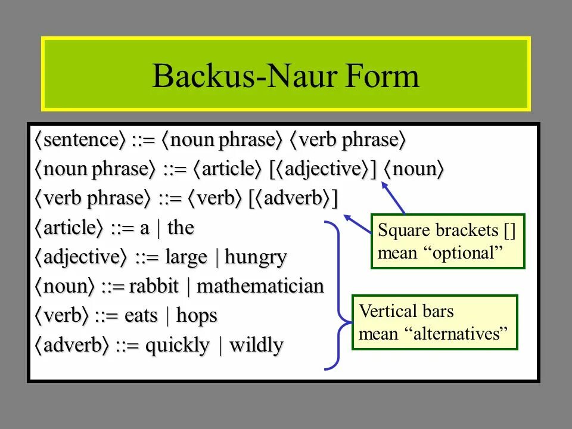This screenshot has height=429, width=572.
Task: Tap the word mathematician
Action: click(x=260, y=287)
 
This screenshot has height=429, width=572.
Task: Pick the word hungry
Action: click(x=256, y=258)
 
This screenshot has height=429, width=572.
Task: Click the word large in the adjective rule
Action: click(x=186, y=257)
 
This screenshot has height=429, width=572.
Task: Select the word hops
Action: click(x=197, y=316)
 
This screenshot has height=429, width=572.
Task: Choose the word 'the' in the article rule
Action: click(x=181, y=228)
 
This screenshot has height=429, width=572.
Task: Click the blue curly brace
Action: click(x=339, y=295)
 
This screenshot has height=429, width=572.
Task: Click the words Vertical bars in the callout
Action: click(x=406, y=311)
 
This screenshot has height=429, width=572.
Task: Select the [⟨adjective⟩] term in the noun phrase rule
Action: click(x=323, y=170)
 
